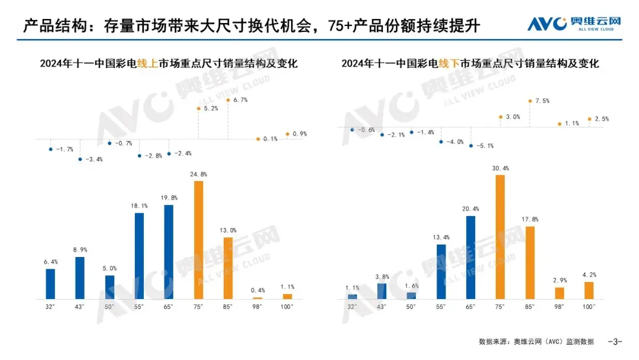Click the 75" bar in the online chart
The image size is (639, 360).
click(198, 240)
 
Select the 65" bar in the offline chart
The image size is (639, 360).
click(471, 258)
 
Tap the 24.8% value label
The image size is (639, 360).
click(199, 175)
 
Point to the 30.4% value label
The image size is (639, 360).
click(501, 169)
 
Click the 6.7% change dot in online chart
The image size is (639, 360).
click(228, 100)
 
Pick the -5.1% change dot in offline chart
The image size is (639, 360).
click(471, 146)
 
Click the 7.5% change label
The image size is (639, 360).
click(543, 101)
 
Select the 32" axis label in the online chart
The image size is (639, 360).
click(50, 307)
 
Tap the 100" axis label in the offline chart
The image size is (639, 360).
click(589, 307)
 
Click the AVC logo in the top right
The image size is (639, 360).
click(574, 24)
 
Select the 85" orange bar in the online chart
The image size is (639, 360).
click(228, 268)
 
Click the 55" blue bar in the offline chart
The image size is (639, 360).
click(441, 271)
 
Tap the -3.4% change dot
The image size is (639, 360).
click(80, 159)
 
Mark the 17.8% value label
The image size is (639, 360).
click(530, 220)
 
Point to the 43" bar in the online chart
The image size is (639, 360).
click(80, 278)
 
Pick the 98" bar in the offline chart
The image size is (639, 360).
click(559, 293)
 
